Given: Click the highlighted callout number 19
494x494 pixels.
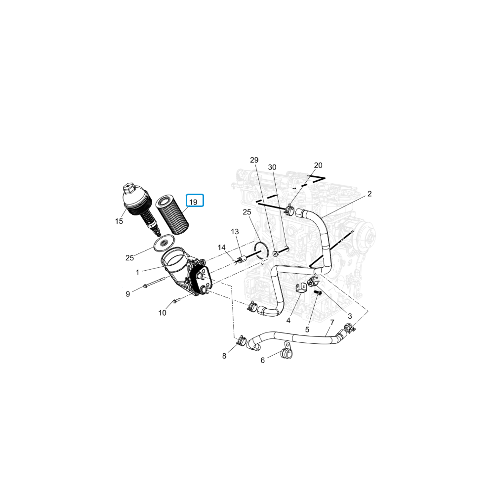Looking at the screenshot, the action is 193,202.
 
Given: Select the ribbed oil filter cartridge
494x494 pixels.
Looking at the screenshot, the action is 172,214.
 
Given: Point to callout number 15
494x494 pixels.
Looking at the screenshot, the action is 119,221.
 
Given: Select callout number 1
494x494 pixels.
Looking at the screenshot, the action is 137,272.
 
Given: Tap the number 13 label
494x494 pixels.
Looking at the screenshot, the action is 235,232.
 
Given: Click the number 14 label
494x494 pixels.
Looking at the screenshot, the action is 221,247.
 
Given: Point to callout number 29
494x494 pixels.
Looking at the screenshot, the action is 254,160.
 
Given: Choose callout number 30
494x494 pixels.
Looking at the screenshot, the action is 272,167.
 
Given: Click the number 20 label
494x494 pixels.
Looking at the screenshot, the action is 318,165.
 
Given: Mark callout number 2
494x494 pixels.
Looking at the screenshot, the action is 370,194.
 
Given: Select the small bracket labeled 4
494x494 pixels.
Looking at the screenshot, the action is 302,288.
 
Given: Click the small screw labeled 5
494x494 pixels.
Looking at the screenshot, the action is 318,293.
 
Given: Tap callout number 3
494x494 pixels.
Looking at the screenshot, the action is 350,316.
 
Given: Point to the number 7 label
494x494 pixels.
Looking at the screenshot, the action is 332,322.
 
